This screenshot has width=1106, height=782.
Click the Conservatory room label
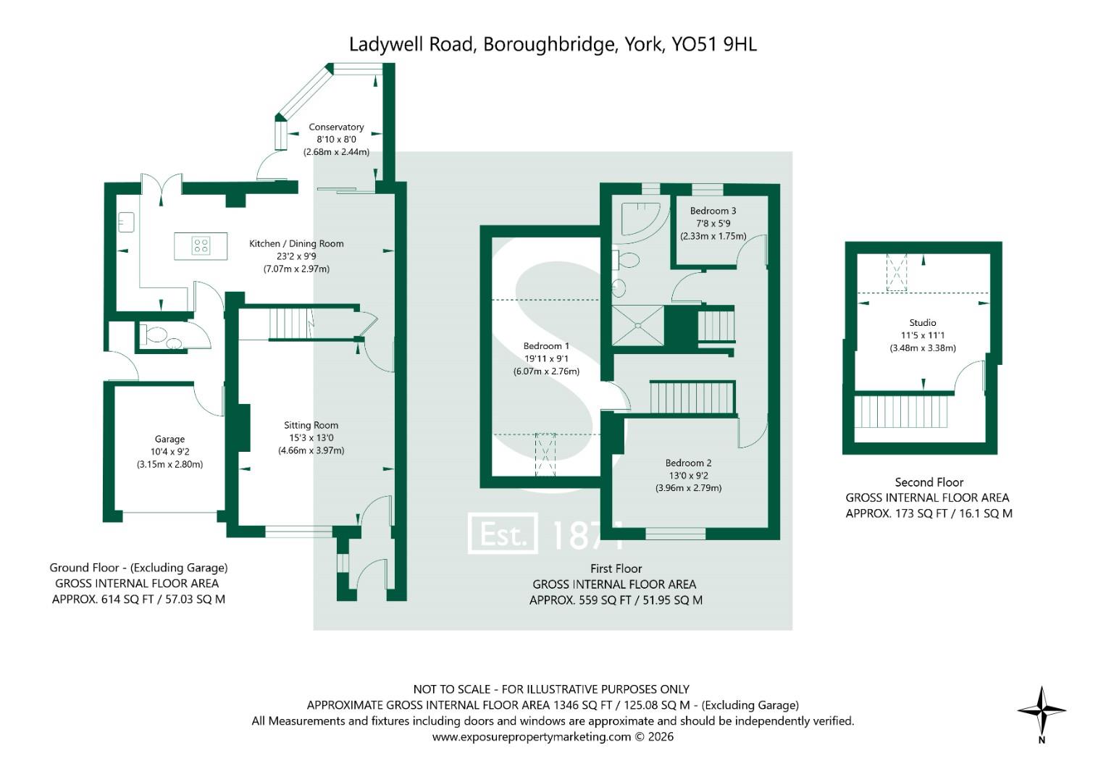(336, 127)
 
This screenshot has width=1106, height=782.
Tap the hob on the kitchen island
(201, 246)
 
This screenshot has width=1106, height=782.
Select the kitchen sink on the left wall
(126, 221)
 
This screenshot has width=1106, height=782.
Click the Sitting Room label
(311, 425)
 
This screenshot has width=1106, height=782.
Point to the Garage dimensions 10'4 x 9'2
(169, 452)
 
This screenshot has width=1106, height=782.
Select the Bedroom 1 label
(546, 346)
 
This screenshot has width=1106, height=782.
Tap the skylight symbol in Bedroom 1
(545, 455)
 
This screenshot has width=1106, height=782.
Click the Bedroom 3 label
(713, 211)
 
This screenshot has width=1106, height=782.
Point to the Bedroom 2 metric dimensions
(688, 488)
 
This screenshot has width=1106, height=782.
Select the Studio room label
(923, 323)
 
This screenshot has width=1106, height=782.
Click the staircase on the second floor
(902, 411)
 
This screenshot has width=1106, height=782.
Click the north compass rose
(1042, 711)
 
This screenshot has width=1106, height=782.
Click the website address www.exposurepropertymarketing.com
(532, 737)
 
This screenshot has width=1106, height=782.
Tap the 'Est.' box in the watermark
(503, 534)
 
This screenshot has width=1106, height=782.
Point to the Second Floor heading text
(929, 482)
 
